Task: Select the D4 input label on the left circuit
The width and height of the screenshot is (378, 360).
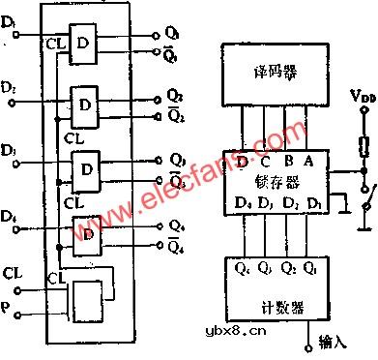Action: coord(11,215)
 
